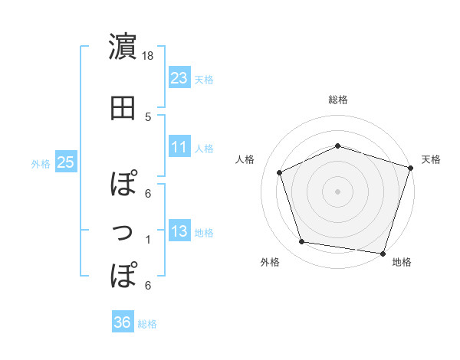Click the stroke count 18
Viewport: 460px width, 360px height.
(148, 56)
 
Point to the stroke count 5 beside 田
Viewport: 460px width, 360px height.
(148, 117)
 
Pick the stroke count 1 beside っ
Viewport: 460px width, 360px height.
(148, 240)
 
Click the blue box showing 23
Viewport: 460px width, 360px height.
(179, 77)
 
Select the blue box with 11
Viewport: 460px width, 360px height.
(179, 147)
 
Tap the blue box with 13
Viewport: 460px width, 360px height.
(179, 231)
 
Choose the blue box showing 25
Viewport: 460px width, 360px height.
(65, 162)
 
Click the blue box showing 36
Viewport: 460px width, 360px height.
(122, 322)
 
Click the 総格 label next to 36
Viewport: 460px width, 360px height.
(147, 324)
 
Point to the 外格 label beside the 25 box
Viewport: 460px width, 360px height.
(40, 163)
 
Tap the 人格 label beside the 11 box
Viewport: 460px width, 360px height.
(204, 148)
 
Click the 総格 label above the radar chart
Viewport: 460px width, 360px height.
(337, 100)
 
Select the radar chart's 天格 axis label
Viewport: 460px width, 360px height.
(431, 159)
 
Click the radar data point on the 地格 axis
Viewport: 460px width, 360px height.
(383, 253)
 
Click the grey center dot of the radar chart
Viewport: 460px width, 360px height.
(337, 191)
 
